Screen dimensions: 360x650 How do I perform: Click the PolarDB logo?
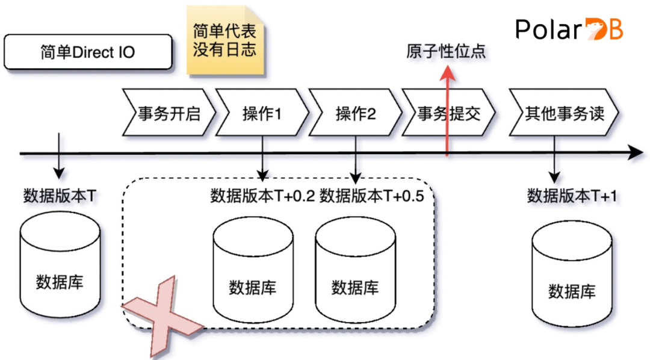[x=569, y=29]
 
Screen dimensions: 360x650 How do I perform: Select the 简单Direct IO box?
[x=88, y=52]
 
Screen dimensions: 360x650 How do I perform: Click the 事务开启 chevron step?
[x=169, y=113]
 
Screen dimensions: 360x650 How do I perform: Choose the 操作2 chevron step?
[x=355, y=113]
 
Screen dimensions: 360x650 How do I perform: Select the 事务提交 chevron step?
[x=449, y=113]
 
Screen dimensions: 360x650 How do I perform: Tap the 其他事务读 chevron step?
[x=563, y=113]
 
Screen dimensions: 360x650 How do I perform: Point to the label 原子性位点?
[x=446, y=52]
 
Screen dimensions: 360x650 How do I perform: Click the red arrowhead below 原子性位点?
[x=447, y=73]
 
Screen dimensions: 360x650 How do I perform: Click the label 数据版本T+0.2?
[x=263, y=196]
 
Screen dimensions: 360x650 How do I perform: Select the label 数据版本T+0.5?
[x=372, y=196]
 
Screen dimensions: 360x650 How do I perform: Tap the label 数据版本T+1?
[x=572, y=196]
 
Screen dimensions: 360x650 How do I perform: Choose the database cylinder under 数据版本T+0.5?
[x=356, y=271]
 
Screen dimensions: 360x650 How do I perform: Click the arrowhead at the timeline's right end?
[x=636, y=154]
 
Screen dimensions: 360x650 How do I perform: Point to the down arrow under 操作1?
[x=262, y=166]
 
